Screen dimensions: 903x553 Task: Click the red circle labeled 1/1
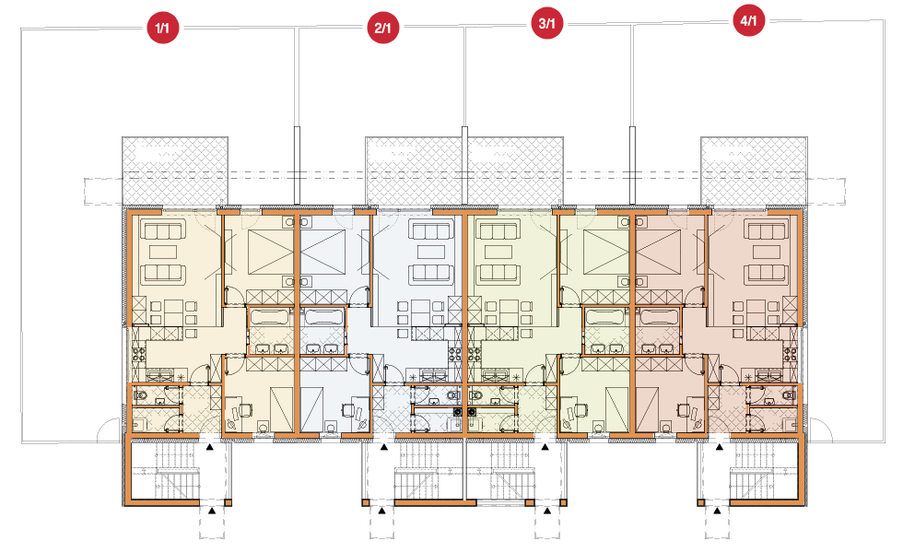click(x=162, y=28)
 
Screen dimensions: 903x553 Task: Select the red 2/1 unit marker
click(x=382, y=28)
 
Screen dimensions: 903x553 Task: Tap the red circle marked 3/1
click(x=546, y=23)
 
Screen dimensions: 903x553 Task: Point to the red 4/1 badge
click(x=748, y=20)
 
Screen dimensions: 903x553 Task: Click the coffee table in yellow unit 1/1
click(x=164, y=252)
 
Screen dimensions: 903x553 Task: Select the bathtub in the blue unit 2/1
click(x=322, y=317)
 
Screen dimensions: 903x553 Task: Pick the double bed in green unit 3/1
click(x=607, y=253)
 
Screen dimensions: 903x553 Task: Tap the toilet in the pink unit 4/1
click(x=790, y=395)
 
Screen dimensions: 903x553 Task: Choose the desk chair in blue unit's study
click(x=347, y=409)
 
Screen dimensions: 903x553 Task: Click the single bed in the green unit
click(x=616, y=407)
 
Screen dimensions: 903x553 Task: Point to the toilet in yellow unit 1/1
click(x=140, y=395)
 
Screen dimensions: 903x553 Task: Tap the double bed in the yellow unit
click(x=271, y=253)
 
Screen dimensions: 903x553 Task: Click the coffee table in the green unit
click(x=498, y=252)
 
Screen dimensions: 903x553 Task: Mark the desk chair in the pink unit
click(x=684, y=409)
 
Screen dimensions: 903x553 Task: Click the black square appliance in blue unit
click(x=458, y=412)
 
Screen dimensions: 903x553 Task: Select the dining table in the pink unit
click(x=756, y=312)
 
